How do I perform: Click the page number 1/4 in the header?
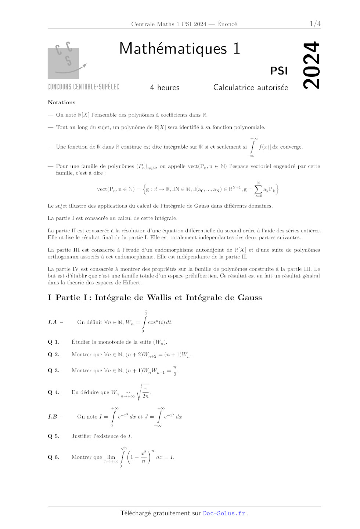pos(315,24)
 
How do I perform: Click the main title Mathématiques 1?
pos(180,48)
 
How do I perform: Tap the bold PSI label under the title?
pos(279,70)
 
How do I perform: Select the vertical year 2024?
pos(311,65)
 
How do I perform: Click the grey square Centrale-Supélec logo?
pos(63,63)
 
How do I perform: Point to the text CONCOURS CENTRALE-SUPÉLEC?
pos(83,87)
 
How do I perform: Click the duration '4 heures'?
pos(165,87)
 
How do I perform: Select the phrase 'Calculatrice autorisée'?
pos(251,87)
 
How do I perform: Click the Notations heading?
pos(61,102)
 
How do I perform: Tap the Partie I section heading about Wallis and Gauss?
pos(155,297)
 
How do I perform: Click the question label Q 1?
pos(53,342)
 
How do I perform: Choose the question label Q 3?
pos(53,370)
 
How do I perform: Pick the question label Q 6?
pos(53,457)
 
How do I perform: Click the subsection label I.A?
pos(52,322)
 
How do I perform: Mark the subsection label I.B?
pos(53,417)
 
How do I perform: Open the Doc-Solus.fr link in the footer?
pos(224,513)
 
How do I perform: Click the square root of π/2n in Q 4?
pos(143,392)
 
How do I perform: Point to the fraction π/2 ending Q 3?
pos(175,370)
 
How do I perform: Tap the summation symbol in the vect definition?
pos(258,189)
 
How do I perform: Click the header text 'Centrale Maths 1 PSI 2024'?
pos(169,24)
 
